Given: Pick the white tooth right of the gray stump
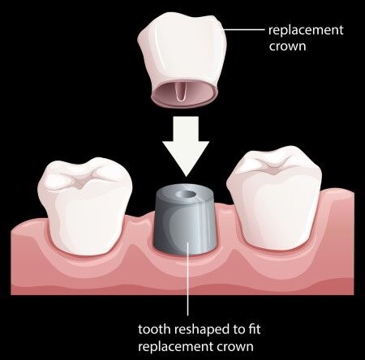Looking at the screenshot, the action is [274, 198].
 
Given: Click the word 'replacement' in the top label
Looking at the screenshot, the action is [306, 30].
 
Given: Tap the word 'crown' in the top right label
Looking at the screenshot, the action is [287, 46].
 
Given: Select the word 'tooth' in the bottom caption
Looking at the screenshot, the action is [154, 329].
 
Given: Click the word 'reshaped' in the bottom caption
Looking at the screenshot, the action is [202, 330].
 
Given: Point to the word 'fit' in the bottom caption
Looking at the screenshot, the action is [254, 329].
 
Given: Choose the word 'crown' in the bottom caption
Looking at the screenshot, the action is [235, 346].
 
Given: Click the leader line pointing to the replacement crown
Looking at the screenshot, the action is [244, 29].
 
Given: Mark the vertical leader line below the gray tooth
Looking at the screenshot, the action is [188, 278].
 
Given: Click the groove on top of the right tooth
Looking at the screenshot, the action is [274, 166].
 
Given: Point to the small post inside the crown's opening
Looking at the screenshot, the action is [180, 92].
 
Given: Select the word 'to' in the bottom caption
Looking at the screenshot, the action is [238, 330].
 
